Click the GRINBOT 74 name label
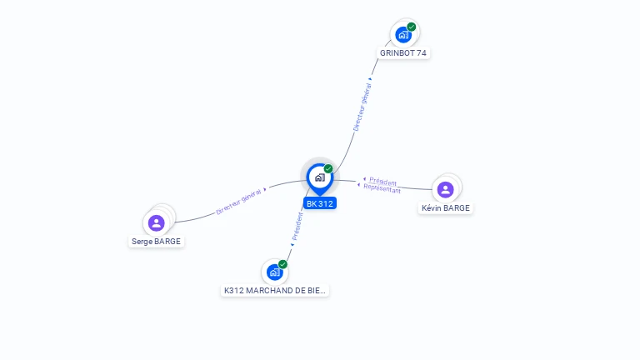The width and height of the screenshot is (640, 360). click(402, 53)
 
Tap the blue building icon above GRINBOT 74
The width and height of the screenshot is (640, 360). click(403, 35)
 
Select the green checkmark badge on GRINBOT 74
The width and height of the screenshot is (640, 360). click(412, 27)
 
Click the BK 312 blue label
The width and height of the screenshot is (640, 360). click(320, 203)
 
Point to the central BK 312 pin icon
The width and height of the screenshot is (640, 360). click(320, 178)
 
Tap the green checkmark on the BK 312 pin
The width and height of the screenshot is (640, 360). click(328, 168)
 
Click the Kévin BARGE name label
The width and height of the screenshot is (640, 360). click(445, 208)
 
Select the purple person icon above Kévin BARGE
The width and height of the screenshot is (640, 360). click(445, 190)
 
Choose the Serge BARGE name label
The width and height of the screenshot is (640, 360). click(156, 242)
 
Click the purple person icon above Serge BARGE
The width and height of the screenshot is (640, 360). click(156, 223)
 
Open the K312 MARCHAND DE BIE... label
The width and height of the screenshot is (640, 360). click(275, 291)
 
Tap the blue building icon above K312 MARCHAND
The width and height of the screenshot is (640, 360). click(275, 272)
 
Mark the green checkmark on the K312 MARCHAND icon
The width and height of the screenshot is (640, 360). click(282, 264)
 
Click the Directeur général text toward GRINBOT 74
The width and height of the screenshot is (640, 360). click(362, 107)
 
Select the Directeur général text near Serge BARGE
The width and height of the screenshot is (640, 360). click(239, 202)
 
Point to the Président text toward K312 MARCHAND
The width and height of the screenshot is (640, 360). click(297, 227)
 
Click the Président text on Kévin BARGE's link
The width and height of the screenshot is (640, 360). click(382, 182)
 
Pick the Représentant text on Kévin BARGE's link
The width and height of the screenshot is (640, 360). click(382, 188)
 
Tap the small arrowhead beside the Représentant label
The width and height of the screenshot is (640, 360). click(359, 185)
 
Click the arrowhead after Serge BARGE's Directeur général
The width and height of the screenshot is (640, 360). click(265, 189)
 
